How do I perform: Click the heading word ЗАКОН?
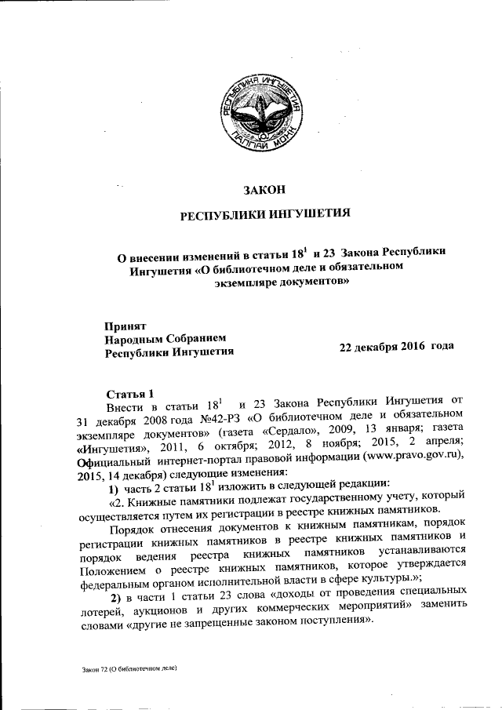pyautogui.click(x=261, y=188)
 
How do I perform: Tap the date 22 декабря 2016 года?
pyautogui.click(x=397, y=346)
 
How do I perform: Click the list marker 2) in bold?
pyautogui.click(x=114, y=599)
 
